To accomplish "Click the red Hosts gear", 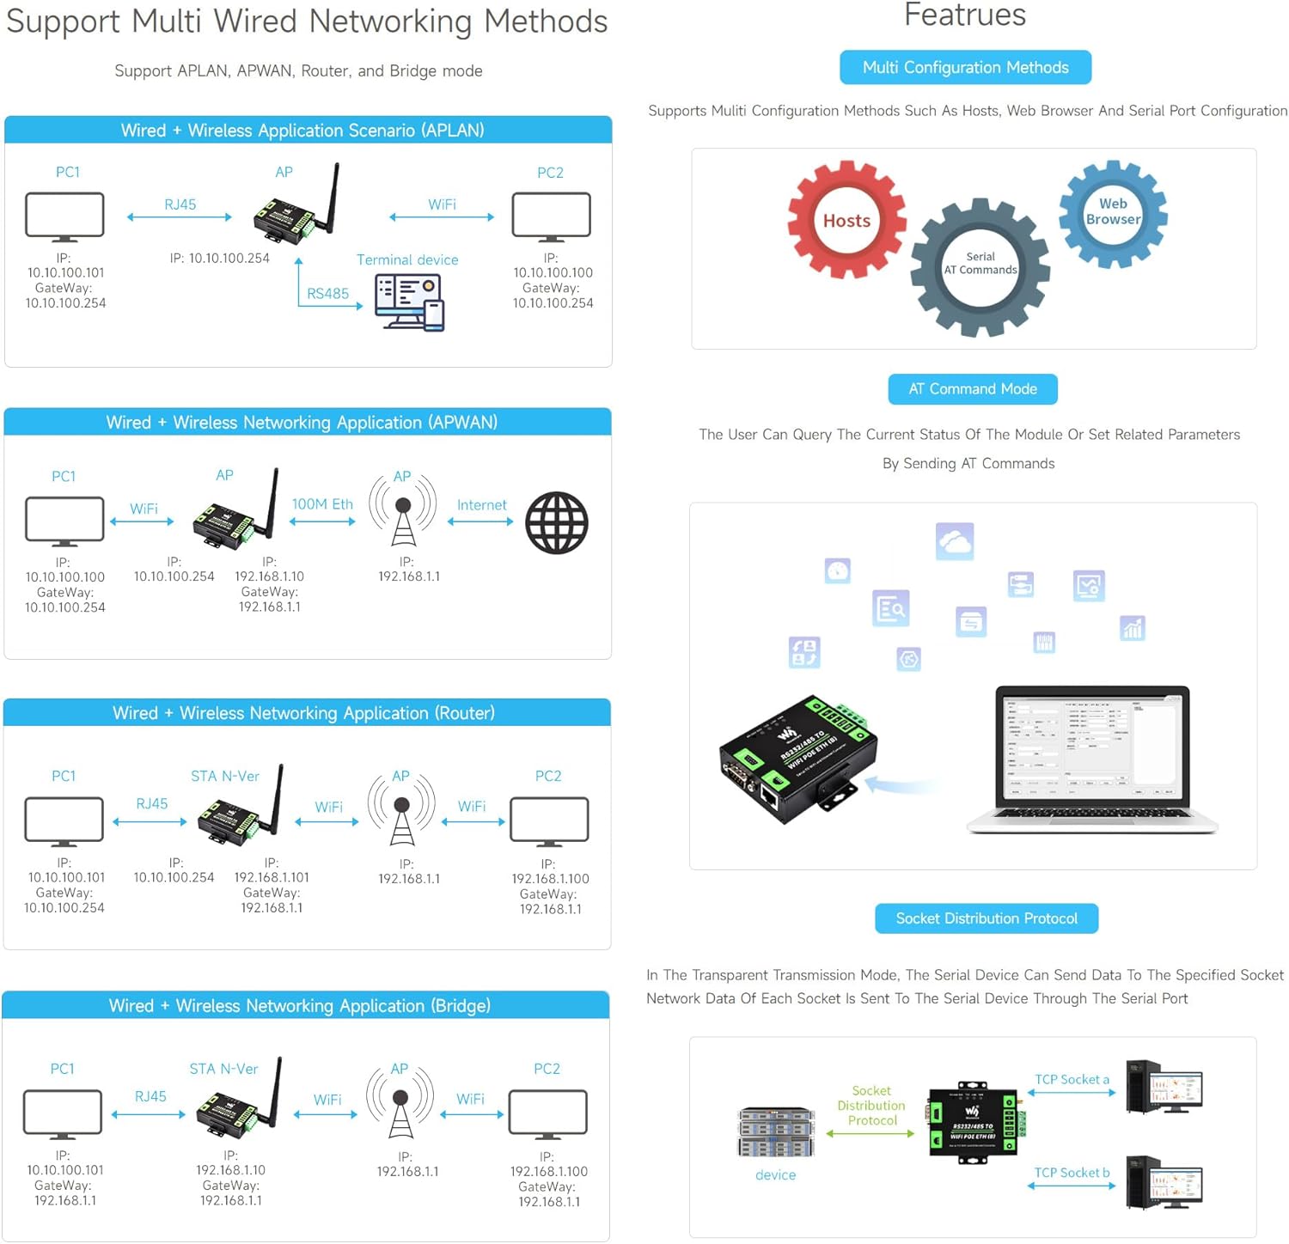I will (846, 220).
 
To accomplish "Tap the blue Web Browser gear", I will (1113, 212).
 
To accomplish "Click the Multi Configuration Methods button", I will (965, 68).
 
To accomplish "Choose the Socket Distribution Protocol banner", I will (986, 918).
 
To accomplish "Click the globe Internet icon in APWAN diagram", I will (557, 522).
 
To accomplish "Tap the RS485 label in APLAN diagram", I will (327, 294).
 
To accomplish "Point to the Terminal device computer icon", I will (409, 302).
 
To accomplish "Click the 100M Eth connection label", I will (322, 504).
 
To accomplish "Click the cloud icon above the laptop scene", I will (955, 541).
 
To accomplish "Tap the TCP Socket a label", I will (1072, 1080).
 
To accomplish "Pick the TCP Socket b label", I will (1072, 1173).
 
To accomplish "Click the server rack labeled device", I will (775, 1131).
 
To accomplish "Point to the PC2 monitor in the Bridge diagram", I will (547, 1113).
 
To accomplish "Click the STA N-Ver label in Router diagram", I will (225, 776).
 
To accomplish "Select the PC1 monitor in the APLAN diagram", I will (64, 216).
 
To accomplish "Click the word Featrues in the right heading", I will (965, 15).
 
